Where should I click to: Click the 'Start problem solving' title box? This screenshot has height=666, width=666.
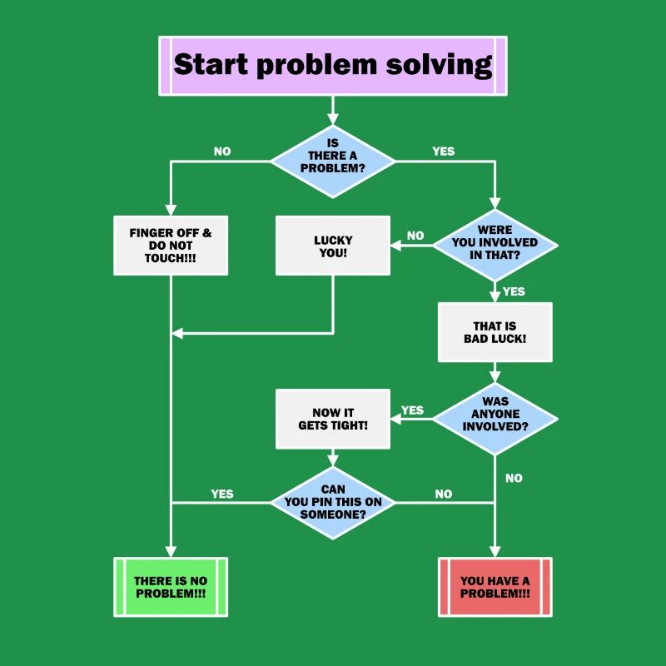coord(332,65)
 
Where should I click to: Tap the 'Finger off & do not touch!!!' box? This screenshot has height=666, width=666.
coord(171,246)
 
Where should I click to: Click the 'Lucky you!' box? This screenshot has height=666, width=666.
coord(333,246)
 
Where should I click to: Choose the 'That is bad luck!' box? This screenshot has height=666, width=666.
coord(495,332)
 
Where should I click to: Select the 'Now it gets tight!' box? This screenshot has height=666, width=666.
coord(333,419)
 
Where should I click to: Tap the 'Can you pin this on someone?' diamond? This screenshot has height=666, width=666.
coord(333,503)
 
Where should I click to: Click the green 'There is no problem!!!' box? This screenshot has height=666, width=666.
coord(171,587)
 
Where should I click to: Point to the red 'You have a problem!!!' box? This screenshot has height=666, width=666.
coord(495,587)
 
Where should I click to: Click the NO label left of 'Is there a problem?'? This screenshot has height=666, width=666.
coord(222,152)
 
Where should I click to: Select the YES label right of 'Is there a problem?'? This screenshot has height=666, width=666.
coord(444,152)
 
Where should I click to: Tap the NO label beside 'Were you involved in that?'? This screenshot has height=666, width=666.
coord(415,236)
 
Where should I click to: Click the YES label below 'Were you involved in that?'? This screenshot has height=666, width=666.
coord(514,291)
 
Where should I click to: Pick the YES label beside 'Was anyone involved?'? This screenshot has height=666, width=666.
coord(412,410)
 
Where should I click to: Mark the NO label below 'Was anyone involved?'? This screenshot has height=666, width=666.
coord(514,478)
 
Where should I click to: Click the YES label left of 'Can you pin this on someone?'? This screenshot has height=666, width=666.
coord(222,494)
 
